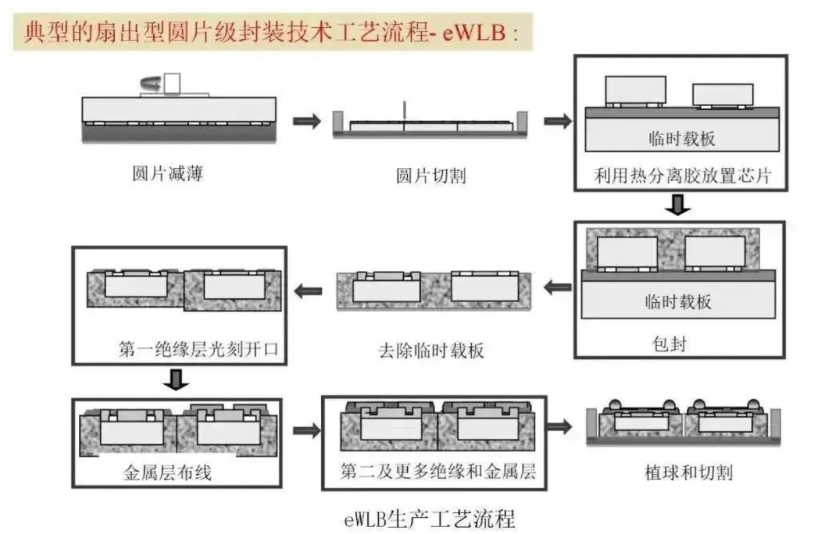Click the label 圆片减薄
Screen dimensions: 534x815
[x=167, y=174]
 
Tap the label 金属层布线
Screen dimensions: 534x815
[x=167, y=473]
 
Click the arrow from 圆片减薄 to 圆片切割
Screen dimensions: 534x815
[x=307, y=121]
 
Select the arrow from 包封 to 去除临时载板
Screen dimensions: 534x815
[x=557, y=287]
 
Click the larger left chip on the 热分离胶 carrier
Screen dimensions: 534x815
[x=636, y=90]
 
